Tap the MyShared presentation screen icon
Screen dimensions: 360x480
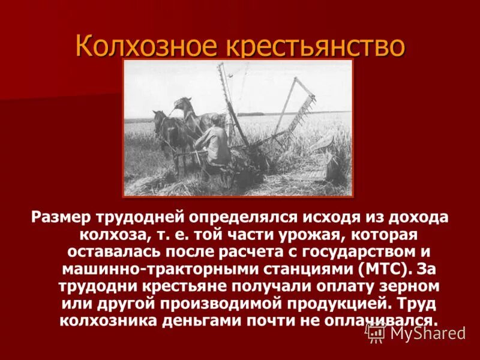376,332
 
